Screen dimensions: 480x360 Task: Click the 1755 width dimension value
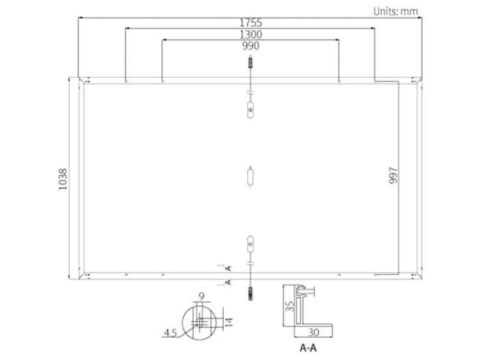click(x=250, y=23)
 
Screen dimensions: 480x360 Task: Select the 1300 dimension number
click(x=250, y=34)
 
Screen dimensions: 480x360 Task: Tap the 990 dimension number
click(x=250, y=46)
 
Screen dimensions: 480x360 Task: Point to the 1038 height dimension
click(x=62, y=179)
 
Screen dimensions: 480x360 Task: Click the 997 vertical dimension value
click(x=393, y=175)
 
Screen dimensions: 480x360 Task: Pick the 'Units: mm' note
click(x=395, y=11)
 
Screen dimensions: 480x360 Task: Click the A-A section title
click(x=308, y=348)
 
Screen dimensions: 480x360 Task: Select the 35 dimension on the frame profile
click(x=289, y=306)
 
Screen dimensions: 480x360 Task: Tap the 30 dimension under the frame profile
click(x=313, y=332)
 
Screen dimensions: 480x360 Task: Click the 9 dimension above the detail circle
click(x=202, y=296)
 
